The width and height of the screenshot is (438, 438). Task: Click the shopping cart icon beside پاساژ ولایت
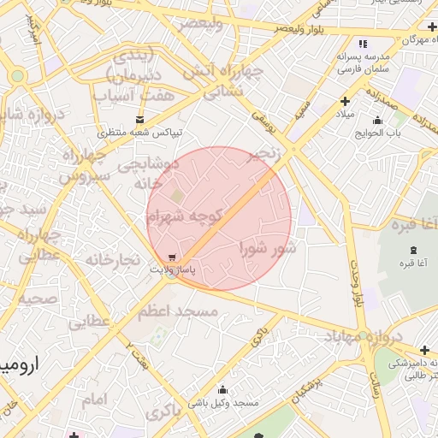(x=174, y=257)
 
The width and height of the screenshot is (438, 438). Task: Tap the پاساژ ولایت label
(x=174, y=270)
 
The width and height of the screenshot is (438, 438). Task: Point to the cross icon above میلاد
(x=344, y=102)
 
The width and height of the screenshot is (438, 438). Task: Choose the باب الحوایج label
(x=378, y=133)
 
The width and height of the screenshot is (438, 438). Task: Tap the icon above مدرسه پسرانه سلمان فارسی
(x=363, y=44)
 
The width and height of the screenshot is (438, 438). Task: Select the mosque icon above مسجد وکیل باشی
(x=222, y=389)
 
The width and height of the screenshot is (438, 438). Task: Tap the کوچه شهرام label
(x=184, y=218)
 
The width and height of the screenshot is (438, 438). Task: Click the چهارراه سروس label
(x=84, y=166)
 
